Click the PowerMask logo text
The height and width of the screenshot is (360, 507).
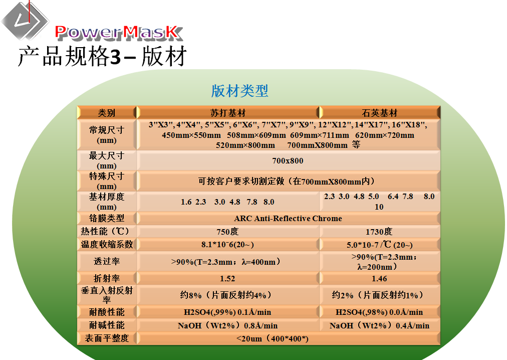point(119,33)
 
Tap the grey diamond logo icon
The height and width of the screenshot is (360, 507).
point(25,20)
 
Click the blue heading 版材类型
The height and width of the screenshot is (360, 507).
point(239,91)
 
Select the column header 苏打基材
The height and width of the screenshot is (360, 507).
point(228,113)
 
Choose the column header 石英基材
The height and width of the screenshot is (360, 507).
point(380,113)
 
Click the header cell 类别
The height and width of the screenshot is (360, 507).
point(107,113)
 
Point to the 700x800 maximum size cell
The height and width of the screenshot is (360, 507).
point(288,160)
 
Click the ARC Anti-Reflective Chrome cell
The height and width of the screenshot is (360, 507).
point(288,219)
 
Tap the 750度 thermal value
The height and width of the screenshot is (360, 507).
point(227,232)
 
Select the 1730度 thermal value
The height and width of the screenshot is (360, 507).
point(379,232)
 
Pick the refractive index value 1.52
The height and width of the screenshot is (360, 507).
point(227,278)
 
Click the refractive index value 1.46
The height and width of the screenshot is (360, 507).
point(379,278)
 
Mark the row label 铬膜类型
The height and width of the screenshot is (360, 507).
point(107,218)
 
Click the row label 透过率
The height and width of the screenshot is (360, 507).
point(107,261)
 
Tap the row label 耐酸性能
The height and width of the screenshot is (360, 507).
point(107,312)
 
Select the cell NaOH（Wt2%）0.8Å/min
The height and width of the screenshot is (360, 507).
point(227,325)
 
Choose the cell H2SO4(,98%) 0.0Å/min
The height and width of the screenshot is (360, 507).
point(379,312)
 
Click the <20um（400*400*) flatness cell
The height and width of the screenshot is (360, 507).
point(272,338)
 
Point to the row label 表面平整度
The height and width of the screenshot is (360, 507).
point(107,338)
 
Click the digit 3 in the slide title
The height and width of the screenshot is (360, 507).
point(115,57)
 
